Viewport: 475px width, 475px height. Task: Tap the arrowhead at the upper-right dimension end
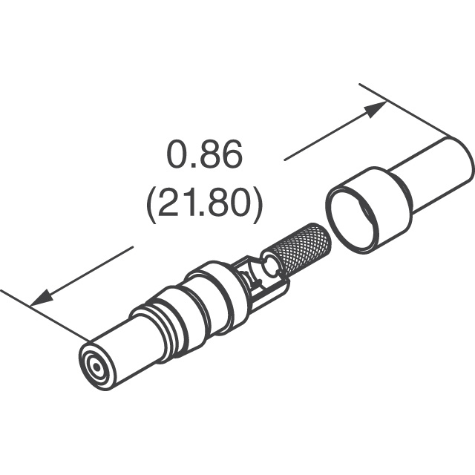point(376,109)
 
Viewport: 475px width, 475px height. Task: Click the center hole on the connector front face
point(95,367)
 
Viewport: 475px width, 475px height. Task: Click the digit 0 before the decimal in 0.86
point(177,157)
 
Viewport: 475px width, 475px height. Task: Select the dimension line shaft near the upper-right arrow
point(327,137)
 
